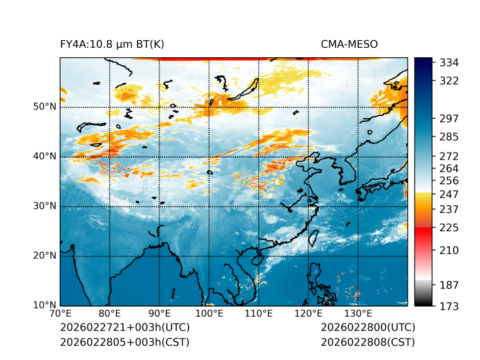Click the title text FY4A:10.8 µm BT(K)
click(112, 44)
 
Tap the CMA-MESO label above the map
click(349, 44)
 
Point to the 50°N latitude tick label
click(45, 107)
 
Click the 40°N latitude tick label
click(45, 156)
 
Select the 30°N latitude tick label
click(45, 206)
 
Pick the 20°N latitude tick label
click(45, 256)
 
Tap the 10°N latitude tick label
click(45, 305)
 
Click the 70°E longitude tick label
click(60, 314)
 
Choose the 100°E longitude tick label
click(209, 314)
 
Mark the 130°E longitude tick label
click(358, 314)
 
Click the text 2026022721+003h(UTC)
click(124, 328)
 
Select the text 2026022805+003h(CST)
click(124, 342)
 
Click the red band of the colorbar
click(423, 231)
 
